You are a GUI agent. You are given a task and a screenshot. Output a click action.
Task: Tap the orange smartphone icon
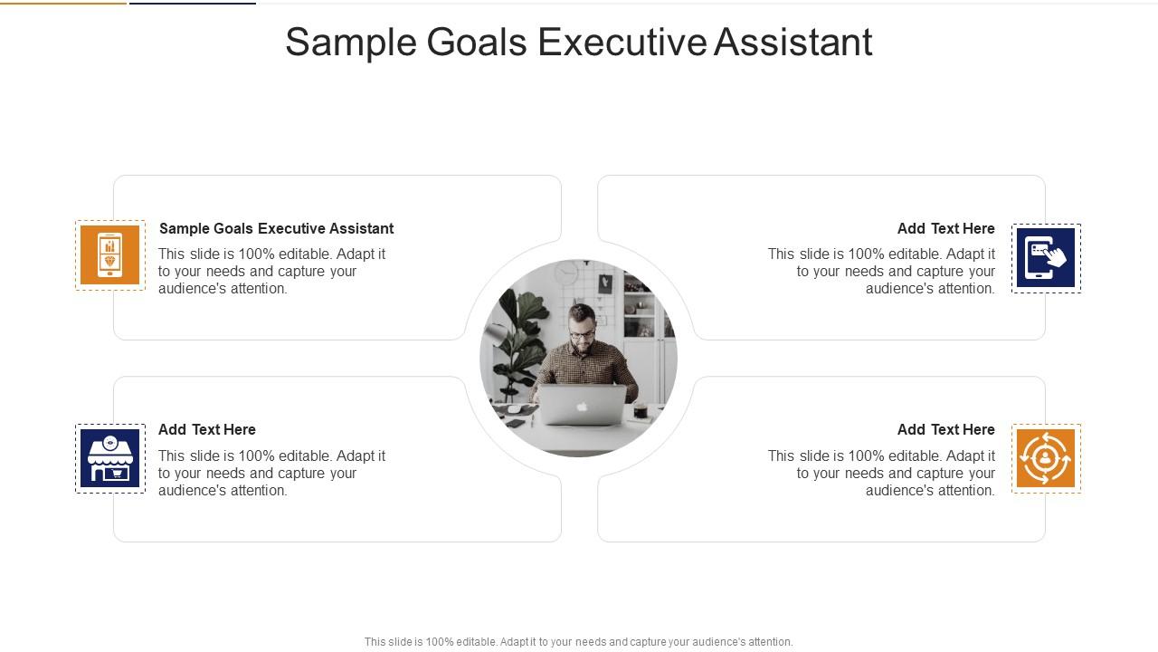[x=110, y=255]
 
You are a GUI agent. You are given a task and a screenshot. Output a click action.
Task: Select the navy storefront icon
[x=110, y=458]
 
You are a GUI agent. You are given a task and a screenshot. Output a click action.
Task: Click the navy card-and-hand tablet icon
[x=1046, y=258]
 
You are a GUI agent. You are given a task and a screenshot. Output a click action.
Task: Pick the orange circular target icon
[x=1046, y=458]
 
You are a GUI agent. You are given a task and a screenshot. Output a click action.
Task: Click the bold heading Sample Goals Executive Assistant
[x=276, y=228]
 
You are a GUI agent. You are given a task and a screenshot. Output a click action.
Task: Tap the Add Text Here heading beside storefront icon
[x=207, y=429]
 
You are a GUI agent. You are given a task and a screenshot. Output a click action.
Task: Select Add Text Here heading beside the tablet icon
[x=945, y=228]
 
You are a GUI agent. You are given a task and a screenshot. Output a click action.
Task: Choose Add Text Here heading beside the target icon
[x=945, y=429]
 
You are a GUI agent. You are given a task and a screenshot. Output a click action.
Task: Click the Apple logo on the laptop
[x=582, y=406]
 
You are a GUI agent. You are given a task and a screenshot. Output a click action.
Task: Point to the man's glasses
[x=582, y=334]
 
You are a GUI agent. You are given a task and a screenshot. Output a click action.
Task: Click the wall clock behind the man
[x=566, y=273]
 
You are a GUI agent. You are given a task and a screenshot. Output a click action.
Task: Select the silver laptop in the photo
[x=582, y=405]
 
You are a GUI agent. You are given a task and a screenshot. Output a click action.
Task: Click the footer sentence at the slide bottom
[x=578, y=642]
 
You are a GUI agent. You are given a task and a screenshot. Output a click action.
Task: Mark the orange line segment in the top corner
[x=63, y=3]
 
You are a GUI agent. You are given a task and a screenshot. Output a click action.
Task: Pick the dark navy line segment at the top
[x=192, y=3]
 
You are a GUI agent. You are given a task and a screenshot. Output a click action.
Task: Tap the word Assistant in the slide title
[x=793, y=43]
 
